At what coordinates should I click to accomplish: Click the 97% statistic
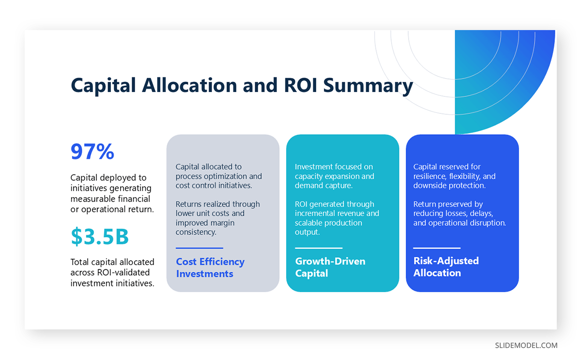tap(92, 152)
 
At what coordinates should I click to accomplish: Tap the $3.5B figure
tap(100, 236)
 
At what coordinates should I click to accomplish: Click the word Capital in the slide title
tap(103, 85)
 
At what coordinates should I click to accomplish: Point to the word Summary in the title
tap(368, 86)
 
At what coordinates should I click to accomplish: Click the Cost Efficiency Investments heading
tap(210, 268)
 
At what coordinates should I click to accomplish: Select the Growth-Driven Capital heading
tap(330, 267)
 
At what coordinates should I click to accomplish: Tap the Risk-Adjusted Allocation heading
tap(446, 267)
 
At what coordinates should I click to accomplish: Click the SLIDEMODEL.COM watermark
tap(526, 345)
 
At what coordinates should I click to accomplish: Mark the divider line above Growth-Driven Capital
tap(319, 248)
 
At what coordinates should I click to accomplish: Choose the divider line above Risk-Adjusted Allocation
tap(437, 248)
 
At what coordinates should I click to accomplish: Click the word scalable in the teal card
tap(310, 223)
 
